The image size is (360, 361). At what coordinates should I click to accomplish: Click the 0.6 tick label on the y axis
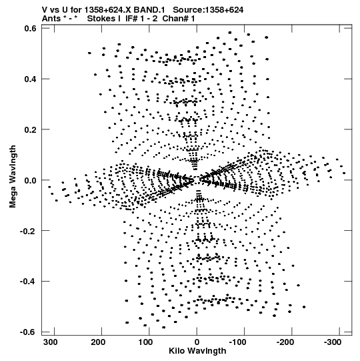coord(30,29)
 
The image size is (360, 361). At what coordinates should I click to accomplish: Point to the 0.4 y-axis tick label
coord(30,79)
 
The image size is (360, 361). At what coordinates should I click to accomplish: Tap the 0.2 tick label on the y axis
coord(30,130)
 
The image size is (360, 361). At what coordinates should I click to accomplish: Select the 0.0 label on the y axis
coord(30,180)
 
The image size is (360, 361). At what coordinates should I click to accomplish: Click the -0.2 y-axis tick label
coord(28,231)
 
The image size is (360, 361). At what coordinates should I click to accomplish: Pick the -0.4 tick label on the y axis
coord(28,282)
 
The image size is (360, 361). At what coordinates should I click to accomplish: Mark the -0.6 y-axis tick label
coord(28,332)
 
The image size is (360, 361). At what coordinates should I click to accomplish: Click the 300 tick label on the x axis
coord(51,342)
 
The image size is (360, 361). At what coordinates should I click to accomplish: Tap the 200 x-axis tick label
coord(98,342)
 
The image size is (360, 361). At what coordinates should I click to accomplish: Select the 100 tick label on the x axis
coord(145,342)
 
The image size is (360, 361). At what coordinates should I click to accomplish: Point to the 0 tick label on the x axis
coord(197,342)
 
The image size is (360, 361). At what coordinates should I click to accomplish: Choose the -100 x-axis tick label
coord(237,342)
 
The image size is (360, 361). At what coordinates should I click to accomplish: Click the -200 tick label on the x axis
coord(285,342)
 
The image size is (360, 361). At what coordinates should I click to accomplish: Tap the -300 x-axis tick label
coord(333,342)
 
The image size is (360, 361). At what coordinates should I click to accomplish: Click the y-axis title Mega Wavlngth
coord(13,177)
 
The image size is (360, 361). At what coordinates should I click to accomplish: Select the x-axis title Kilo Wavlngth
coord(197,351)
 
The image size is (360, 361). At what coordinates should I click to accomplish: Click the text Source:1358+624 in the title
coord(208,10)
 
